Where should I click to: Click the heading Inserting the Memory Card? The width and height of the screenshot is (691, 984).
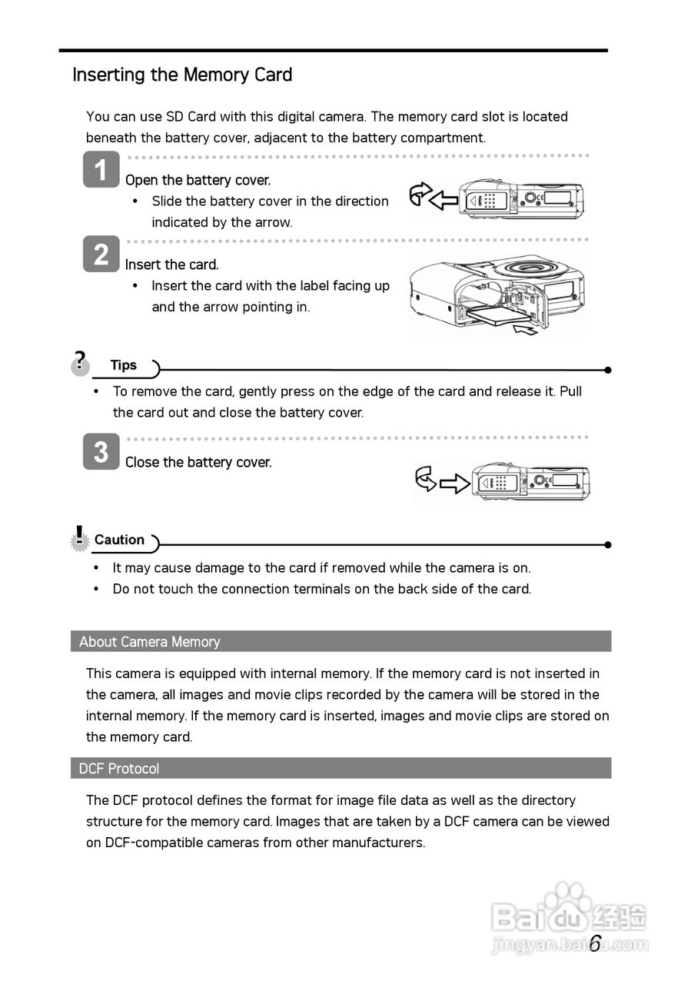tap(182, 75)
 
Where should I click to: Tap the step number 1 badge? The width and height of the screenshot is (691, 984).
tap(101, 170)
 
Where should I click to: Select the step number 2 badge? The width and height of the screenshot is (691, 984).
tap(101, 254)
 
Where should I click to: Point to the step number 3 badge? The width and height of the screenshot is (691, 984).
tap(101, 452)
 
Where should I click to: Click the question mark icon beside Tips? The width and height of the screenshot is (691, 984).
tap(80, 361)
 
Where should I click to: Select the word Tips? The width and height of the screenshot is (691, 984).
tap(124, 366)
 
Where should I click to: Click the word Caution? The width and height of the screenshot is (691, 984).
tap(119, 540)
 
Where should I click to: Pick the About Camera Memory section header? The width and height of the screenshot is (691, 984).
tap(149, 642)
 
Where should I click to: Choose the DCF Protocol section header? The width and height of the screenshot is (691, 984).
tap(119, 769)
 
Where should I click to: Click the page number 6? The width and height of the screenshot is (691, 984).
tap(595, 944)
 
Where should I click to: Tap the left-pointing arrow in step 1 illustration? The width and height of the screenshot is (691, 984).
tap(443, 201)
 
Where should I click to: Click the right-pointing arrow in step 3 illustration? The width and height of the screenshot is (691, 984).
tap(454, 483)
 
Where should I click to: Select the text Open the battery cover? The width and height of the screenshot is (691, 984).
tap(198, 180)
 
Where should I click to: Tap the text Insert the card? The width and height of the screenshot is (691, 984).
tap(172, 264)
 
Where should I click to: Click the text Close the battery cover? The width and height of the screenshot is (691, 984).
tap(198, 462)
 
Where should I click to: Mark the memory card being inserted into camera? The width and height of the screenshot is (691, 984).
tap(495, 313)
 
